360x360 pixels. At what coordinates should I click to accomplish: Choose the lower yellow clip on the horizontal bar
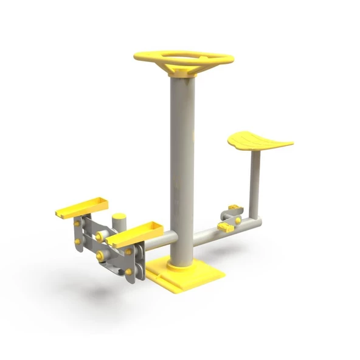224,227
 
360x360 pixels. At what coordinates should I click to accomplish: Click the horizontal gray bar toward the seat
213,231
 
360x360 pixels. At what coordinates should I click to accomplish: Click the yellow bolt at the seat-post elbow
238,219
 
